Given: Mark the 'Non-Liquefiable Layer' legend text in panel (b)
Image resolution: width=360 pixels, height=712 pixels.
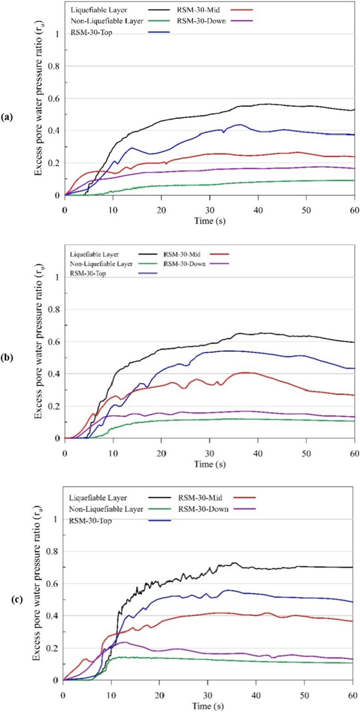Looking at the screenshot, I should pos(99,264).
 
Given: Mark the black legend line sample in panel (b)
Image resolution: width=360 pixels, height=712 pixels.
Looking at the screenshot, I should pos(152,255).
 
